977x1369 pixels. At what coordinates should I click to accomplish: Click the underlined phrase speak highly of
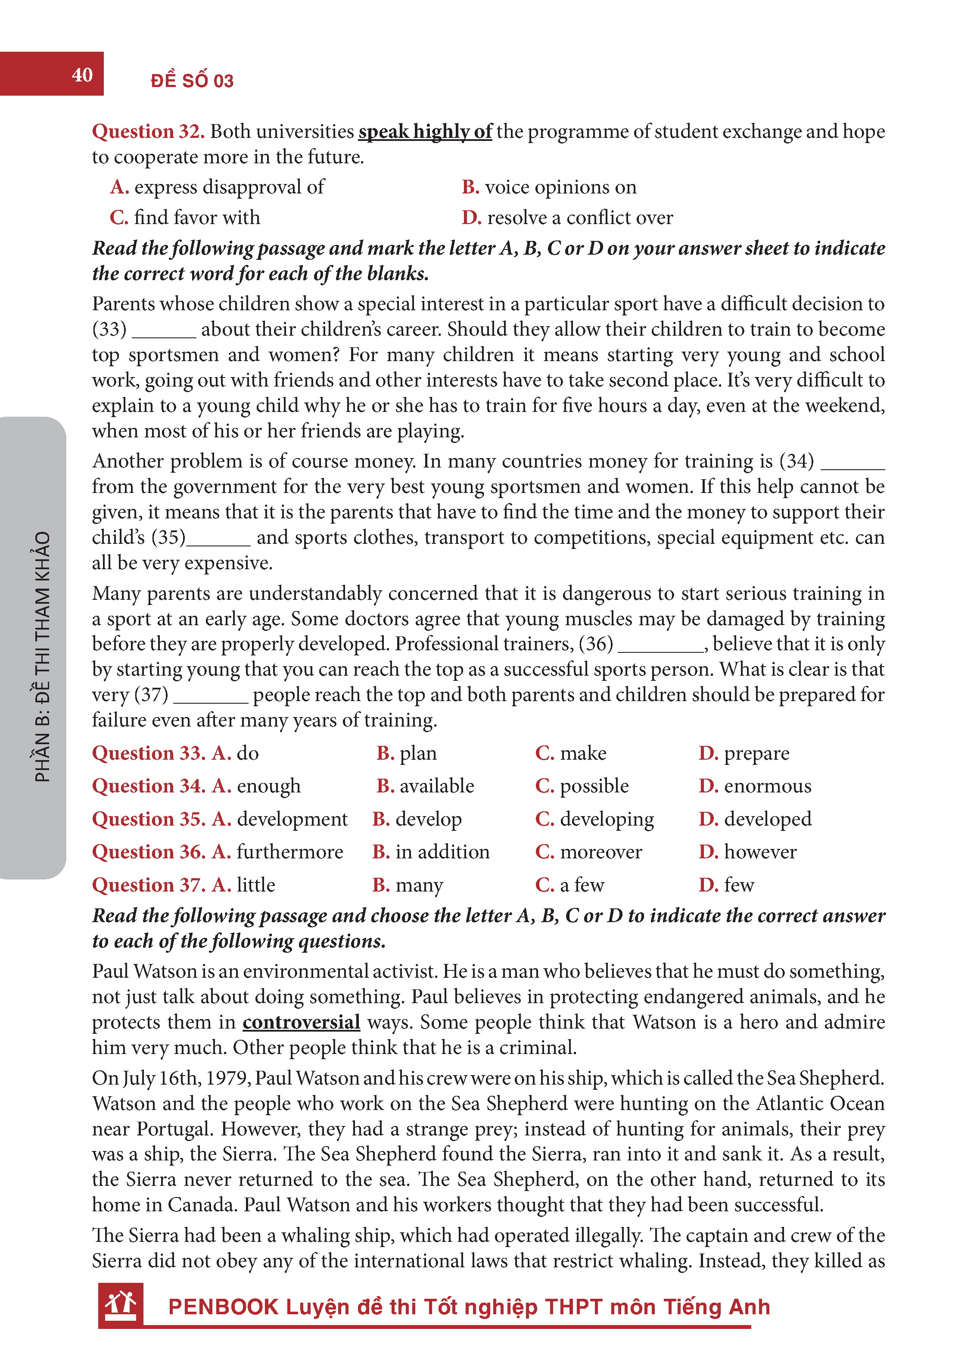pos(425,131)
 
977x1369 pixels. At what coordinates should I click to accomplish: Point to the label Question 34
pos(149,786)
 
